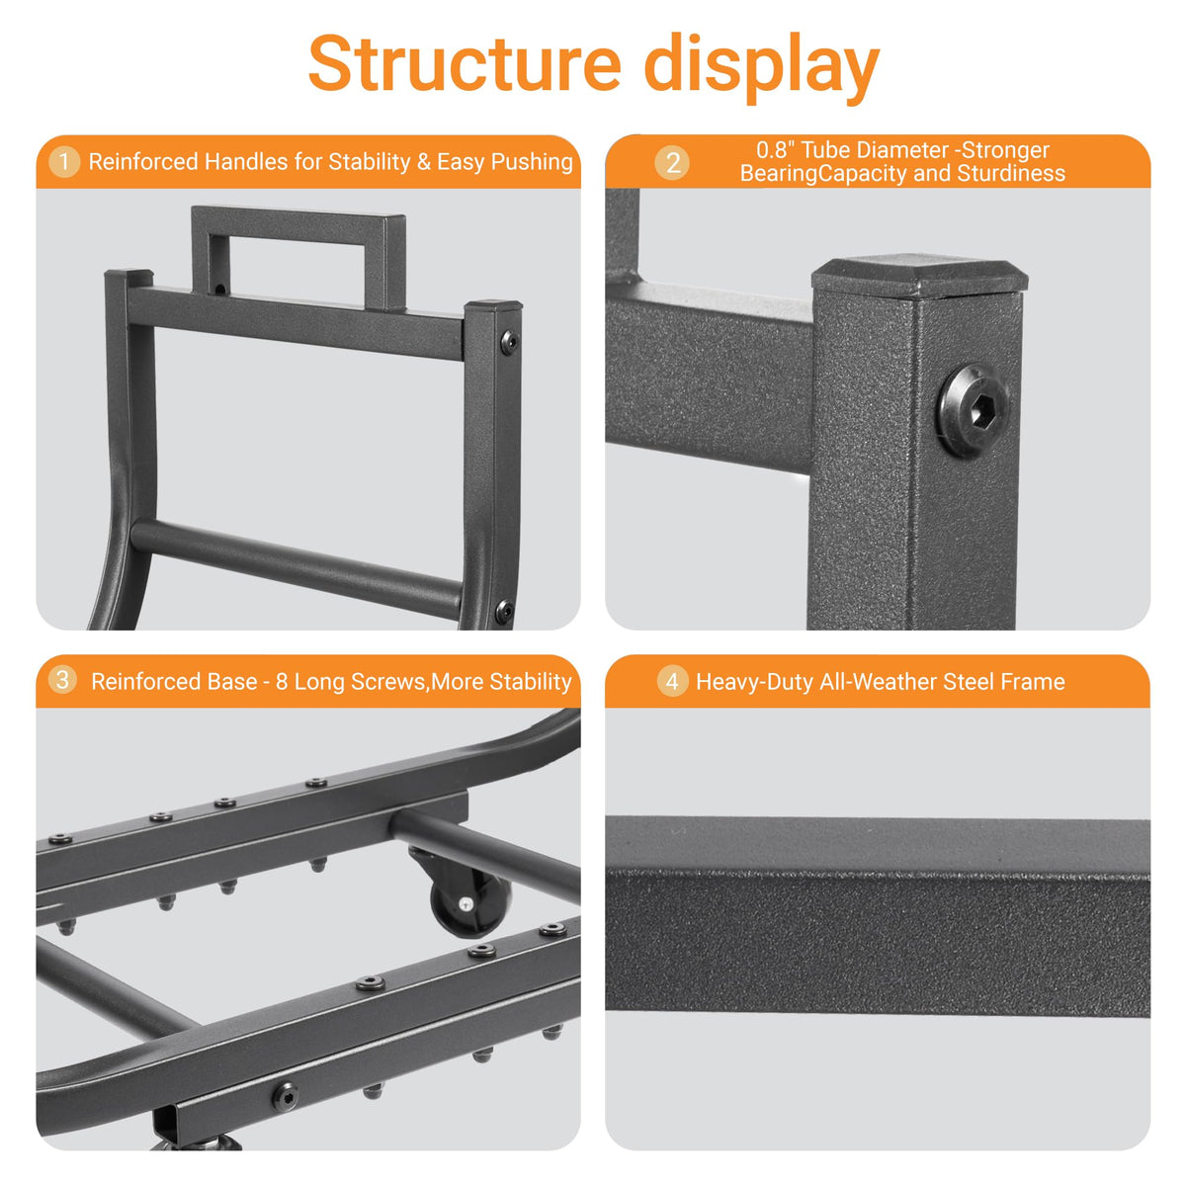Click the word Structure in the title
(465, 63)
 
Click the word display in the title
(761, 68)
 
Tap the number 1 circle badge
(64, 162)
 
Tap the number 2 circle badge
(673, 163)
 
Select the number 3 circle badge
(62, 680)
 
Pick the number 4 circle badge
(672, 681)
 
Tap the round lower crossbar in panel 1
(296, 567)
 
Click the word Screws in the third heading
(387, 682)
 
